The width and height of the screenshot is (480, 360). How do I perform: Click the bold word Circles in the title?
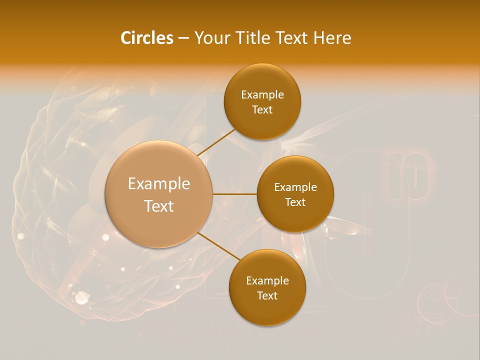click(x=146, y=38)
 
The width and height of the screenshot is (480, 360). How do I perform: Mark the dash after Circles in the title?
click(x=183, y=38)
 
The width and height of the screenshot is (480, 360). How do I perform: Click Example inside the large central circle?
click(x=159, y=184)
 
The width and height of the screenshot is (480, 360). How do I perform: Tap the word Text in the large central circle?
click(x=159, y=206)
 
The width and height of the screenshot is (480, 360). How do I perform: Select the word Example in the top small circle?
click(x=262, y=94)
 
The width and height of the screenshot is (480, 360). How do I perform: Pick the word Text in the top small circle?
click(x=262, y=109)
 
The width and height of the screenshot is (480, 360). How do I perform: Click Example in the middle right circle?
click(x=295, y=187)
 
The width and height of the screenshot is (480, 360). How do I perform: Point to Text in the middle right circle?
click(x=295, y=202)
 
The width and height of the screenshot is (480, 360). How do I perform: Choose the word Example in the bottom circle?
click(x=267, y=280)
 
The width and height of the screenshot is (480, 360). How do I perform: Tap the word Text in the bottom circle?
click(x=267, y=295)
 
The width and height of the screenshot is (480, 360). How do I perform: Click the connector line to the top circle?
click(x=216, y=142)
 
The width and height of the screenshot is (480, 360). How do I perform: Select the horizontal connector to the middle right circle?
click(x=235, y=193)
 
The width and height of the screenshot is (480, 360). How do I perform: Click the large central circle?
click(x=159, y=225)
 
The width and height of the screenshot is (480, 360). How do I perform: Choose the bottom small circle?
click(x=267, y=312)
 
